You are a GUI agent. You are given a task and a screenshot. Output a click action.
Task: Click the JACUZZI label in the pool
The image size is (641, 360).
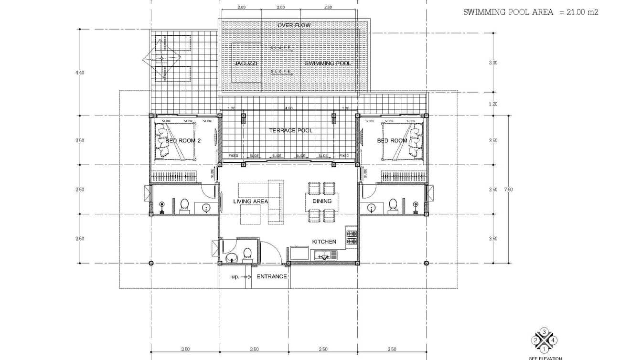(x=246, y=64)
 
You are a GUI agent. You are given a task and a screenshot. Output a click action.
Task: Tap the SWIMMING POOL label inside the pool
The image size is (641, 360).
(x=328, y=64)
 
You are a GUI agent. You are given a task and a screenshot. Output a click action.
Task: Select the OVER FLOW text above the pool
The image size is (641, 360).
(x=294, y=25)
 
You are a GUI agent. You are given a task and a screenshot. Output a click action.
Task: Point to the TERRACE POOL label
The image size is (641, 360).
(x=291, y=130)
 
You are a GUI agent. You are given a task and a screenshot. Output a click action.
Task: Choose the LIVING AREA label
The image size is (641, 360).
(x=250, y=201)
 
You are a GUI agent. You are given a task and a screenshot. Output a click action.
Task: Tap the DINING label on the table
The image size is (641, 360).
(x=322, y=201)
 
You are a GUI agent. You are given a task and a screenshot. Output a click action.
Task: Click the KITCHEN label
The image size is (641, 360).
(x=324, y=242)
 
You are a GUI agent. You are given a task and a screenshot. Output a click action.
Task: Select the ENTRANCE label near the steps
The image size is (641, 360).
(x=272, y=276)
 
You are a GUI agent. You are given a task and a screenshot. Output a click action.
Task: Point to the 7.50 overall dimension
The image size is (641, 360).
(x=509, y=190)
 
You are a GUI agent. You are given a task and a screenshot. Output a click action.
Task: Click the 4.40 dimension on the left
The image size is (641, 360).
(x=80, y=73)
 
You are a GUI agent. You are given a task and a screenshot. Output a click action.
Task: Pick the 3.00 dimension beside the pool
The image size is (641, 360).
(x=493, y=63)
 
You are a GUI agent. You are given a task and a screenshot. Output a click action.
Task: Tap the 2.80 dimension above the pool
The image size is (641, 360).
(x=328, y=7)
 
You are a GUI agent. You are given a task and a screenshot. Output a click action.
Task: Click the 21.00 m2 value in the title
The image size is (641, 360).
(x=582, y=12)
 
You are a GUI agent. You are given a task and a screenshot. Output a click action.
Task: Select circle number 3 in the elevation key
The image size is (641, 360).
(x=544, y=332)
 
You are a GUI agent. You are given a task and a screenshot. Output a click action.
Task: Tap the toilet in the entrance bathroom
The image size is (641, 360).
(x=247, y=254)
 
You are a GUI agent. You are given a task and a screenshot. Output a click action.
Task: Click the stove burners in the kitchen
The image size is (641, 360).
(x=352, y=237)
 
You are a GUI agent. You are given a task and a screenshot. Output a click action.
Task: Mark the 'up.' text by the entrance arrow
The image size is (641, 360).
(x=235, y=277)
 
